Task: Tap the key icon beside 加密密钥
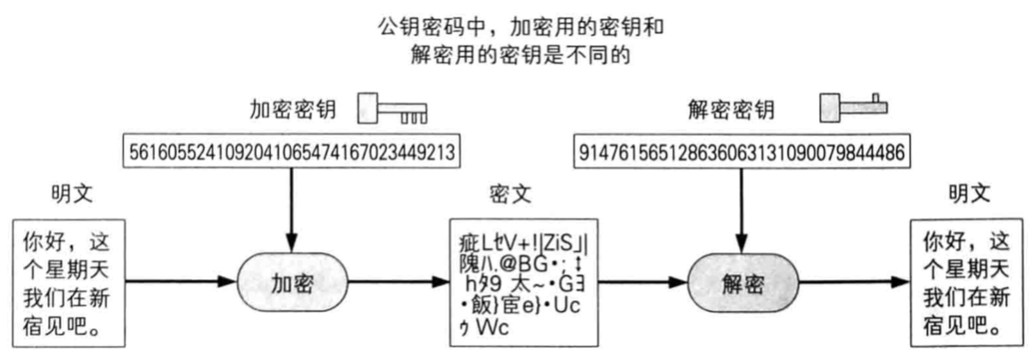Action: click(x=391, y=110)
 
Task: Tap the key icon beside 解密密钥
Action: click(x=853, y=107)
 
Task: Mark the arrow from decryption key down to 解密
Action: click(x=742, y=205)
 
